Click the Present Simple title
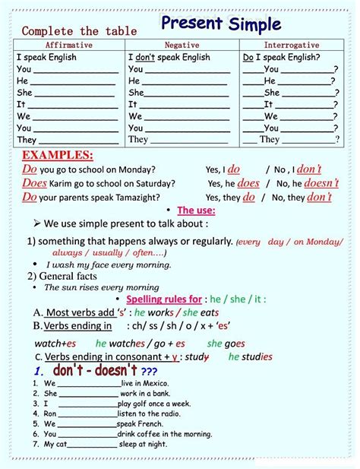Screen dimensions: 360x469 pyautogui.click(x=221, y=24)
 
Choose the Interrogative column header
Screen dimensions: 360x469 pyautogui.click(x=292, y=46)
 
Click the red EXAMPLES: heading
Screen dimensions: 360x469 pyautogui.click(x=58, y=155)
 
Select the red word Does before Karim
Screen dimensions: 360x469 pyautogui.click(x=34, y=183)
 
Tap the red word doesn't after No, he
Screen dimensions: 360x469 pyautogui.click(x=323, y=183)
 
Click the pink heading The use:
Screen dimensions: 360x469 pyautogui.click(x=196, y=211)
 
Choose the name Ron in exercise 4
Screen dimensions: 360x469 pyautogui.click(x=50, y=414)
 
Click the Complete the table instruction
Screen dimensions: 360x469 pyautogui.click(x=79, y=31)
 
